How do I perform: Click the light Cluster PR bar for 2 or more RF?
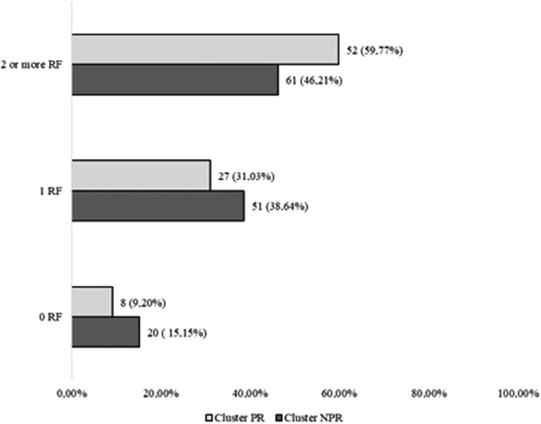pyautogui.click(x=205, y=50)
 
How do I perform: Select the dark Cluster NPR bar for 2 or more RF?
pyautogui.click(x=175, y=79)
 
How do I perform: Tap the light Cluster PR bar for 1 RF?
pyautogui.click(x=141, y=176)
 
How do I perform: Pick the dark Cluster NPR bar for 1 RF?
pyautogui.click(x=158, y=206)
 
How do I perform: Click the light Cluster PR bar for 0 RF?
pyautogui.click(x=92, y=302)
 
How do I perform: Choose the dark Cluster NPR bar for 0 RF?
pyautogui.click(x=106, y=332)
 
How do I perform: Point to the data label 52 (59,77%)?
pyautogui.click(x=375, y=51)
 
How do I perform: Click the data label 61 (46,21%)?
pyautogui.click(x=314, y=80)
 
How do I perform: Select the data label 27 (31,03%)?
pyautogui.click(x=246, y=176)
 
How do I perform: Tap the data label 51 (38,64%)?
pyautogui.click(x=280, y=206)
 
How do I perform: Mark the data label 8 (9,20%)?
pyautogui.click(x=143, y=303)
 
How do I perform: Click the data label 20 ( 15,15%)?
pyautogui.click(x=177, y=333)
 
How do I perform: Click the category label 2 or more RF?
pyautogui.click(x=31, y=65)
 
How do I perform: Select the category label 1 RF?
pyautogui.click(x=50, y=191)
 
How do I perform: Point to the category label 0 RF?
pyautogui.click(x=50, y=317)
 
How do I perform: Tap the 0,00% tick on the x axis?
pyautogui.click(x=72, y=393)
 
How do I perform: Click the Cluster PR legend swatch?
pyautogui.click(x=209, y=417)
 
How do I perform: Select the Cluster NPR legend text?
pyautogui.click(x=314, y=417)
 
